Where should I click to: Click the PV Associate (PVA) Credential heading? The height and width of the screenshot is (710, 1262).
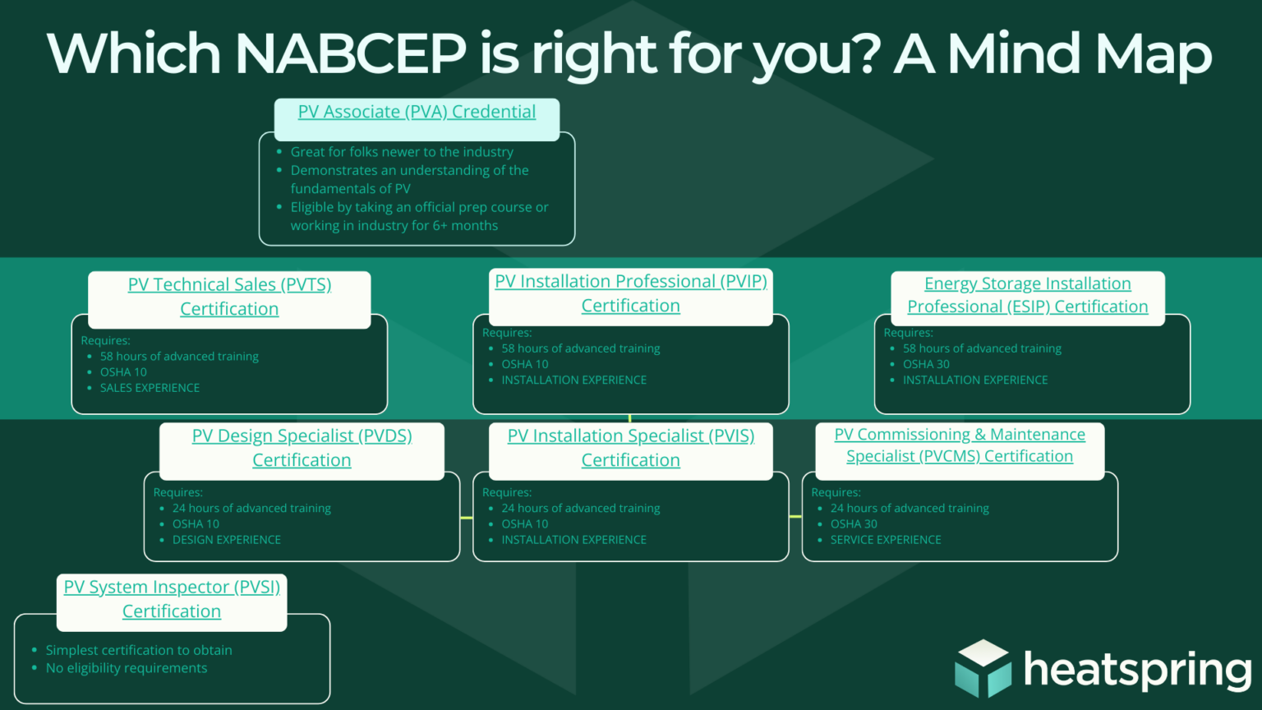pyautogui.click(x=417, y=112)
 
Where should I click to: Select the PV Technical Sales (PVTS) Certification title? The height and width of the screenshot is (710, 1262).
pyautogui.click(x=229, y=297)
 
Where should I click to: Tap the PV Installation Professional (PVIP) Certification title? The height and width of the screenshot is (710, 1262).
pyautogui.click(x=630, y=293)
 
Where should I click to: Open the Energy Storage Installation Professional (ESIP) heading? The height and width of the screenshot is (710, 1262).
pyautogui.click(x=1027, y=295)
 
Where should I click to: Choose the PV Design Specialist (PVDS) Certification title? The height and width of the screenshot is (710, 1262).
pyautogui.click(x=302, y=448)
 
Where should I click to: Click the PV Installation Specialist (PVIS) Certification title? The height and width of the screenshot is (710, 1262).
pyautogui.click(x=630, y=448)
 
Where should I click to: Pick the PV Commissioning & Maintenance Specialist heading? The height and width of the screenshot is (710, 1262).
pyautogui.click(x=960, y=445)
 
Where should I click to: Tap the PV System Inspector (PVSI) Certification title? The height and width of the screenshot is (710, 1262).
pyautogui.click(x=172, y=599)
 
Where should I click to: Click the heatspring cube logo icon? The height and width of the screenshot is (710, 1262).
pyautogui.click(x=983, y=669)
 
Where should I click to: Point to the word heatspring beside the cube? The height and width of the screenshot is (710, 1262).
pyautogui.click(x=1137, y=670)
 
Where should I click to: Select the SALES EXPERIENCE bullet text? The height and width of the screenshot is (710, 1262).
pyautogui.click(x=150, y=388)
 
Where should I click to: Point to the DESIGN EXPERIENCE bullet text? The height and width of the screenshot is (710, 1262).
pyautogui.click(x=227, y=540)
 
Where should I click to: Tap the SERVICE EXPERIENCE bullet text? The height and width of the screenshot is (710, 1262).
pyautogui.click(x=886, y=540)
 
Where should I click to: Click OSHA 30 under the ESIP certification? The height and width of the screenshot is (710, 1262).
pyautogui.click(x=926, y=364)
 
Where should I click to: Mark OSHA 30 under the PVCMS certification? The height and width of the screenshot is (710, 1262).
pyautogui.click(x=854, y=524)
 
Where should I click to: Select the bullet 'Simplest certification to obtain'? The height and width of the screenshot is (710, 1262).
pyautogui.click(x=139, y=650)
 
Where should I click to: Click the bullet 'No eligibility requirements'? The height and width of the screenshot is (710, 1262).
pyautogui.click(x=127, y=668)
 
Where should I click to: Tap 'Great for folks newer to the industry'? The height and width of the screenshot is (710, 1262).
pyautogui.click(x=402, y=152)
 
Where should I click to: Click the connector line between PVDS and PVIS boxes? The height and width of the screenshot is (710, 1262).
pyautogui.click(x=467, y=518)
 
